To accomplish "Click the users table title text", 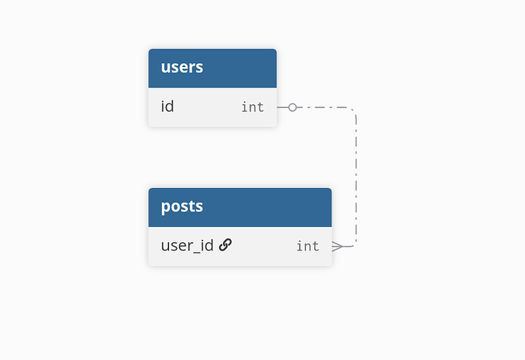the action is (182, 67).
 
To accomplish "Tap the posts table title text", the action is (182, 206).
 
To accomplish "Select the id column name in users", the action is (167, 107).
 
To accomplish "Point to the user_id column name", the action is (187, 246).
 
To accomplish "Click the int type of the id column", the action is (253, 107).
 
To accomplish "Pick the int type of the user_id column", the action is (307, 246).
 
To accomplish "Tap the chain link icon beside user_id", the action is (225, 245).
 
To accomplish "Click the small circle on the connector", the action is (292, 107).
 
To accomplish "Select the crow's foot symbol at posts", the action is (338, 247).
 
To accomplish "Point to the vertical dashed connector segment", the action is (356, 177).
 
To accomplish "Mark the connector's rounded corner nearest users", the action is (353, 110).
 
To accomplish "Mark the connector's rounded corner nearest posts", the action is (354, 244).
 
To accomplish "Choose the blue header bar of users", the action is (212, 68).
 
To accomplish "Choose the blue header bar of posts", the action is (240, 207).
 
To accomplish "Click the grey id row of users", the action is (212, 107).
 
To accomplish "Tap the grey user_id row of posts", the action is (240, 247).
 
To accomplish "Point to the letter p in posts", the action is (165, 208).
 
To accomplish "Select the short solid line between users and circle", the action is (282, 107).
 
